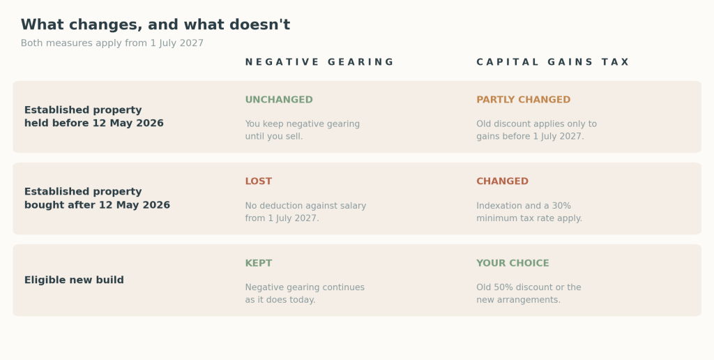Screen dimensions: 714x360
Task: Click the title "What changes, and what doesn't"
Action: pyautogui.click(x=155, y=24)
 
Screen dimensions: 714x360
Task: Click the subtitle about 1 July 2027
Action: pyautogui.click(x=112, y=43)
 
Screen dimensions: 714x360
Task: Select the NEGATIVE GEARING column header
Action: pyautogui.click(x=319, y=62)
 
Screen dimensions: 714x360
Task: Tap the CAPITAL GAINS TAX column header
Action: pyautogui.click(x=553, y=62)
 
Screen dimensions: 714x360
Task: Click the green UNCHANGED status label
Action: pyautogui.click(x=279, y=100)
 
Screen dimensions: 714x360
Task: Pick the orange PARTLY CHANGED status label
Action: pyautogui.click(x=523, y=100)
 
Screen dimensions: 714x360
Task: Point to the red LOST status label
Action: pyautogui.click(x=258, y=181)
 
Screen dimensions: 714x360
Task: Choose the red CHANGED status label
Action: pyautogui.click(x=502, y=181)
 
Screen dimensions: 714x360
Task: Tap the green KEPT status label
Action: pyautogui.click(x=258, y=264)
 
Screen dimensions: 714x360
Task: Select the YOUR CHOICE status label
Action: pyautogui.click(x=512, y=264)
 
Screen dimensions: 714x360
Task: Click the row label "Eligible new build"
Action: pyautogui.click(x=74, y=280)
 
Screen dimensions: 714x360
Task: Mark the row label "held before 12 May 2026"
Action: pyautogui.click(x=94, y=123)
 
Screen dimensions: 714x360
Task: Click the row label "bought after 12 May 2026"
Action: pyautogui.click(x=97, y=205)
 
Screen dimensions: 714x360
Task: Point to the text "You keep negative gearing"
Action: pyautogui.click(x=303, y=124)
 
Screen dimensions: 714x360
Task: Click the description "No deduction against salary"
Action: pyautogui.click(x=305, y=206)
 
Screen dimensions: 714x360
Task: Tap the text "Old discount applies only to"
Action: pyautogui.click(x=536, y=124)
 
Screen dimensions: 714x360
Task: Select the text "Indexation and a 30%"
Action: pyautogui.click(x=524, y=206)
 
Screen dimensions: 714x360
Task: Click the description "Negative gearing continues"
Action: pyautogui.click(x=305, y=287)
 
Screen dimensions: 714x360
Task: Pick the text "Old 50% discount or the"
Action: pyautogui.click(x=529, y=287)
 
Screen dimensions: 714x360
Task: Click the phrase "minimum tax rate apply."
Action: pyautogui.click(x=529, y=218)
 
